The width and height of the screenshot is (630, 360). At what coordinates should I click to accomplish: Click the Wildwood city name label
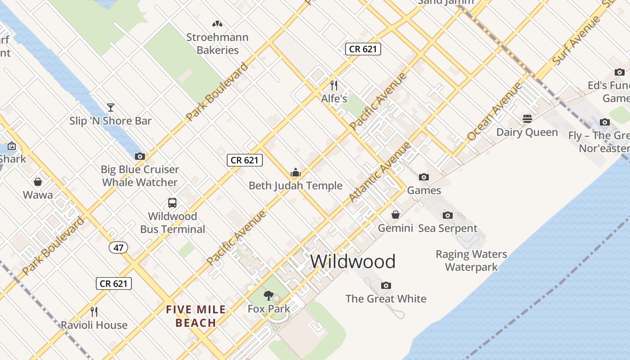[353, 261]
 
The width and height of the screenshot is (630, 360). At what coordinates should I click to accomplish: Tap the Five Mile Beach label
[196, 316]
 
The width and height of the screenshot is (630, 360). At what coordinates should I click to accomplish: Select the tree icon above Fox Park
[269, 296]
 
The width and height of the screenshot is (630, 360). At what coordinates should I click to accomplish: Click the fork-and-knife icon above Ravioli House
[94, 311]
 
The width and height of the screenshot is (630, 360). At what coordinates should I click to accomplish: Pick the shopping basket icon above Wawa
[38, 182]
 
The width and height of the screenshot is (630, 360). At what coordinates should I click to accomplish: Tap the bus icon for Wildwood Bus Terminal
[172, 203]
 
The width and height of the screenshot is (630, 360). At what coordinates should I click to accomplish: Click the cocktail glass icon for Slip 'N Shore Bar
[110, 107]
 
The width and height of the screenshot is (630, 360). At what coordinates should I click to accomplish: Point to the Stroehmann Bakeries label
[217, 44]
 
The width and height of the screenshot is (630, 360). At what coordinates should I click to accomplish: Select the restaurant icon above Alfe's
[334, 85]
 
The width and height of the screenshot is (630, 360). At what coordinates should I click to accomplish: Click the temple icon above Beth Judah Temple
[295, 172]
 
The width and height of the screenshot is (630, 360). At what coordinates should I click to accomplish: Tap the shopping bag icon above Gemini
[395, 215]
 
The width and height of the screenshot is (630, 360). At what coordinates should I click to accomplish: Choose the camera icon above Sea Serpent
[447, 215]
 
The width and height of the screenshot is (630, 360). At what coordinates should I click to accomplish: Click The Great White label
[386, 298]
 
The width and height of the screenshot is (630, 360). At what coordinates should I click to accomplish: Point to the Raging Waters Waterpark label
[471, 261]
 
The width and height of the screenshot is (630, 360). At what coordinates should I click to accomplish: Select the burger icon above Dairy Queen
[527, 119]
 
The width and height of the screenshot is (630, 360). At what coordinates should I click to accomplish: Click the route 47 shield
[118, 247]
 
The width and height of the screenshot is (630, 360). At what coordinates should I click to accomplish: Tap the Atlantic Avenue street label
[380, 172]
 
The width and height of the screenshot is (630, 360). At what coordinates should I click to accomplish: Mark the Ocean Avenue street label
[494, 111]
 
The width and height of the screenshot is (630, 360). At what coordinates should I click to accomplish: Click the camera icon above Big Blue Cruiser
[139, 157]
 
